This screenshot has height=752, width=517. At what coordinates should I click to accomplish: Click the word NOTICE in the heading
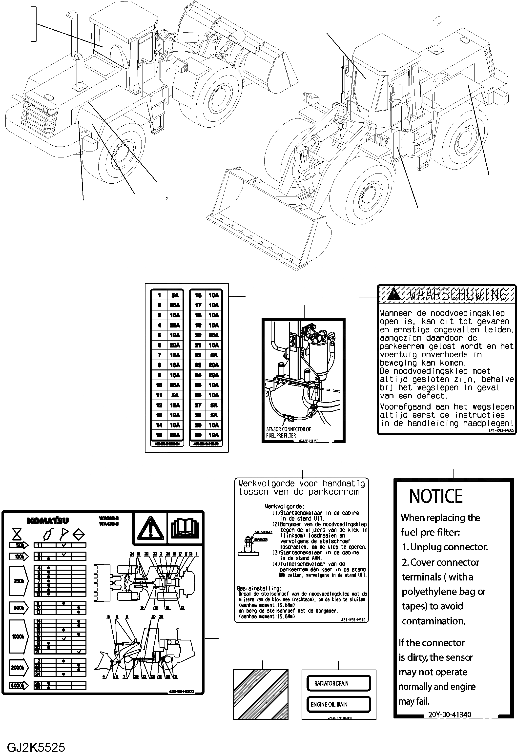click(x=436, y=496)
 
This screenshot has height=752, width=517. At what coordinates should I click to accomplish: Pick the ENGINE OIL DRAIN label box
click(x=338, y=704)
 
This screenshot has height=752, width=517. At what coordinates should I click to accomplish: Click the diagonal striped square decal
click(x=260, y=694)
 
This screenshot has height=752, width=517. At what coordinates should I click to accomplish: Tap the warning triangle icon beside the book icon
click(x=150, y=528)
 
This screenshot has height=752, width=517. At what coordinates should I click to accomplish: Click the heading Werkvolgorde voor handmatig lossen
click(x=302, y=488)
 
